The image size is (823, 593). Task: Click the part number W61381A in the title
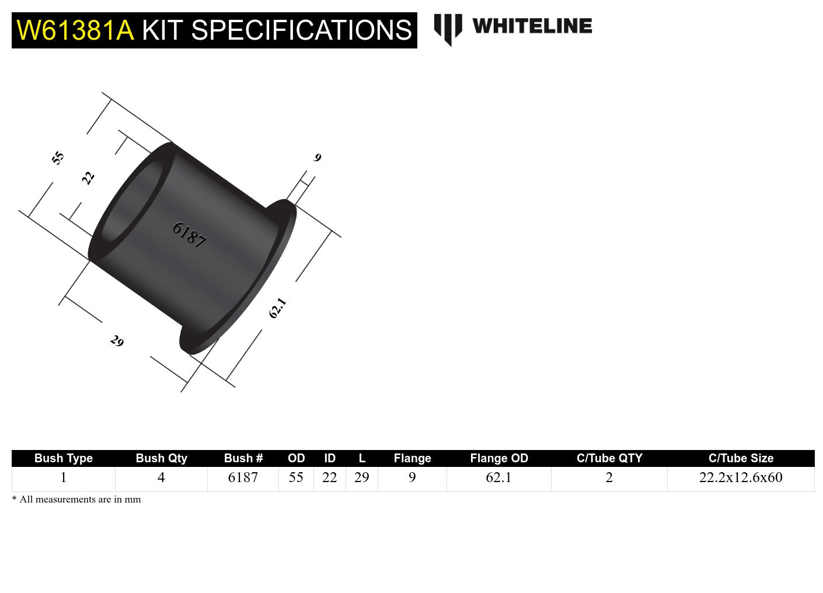click(x=75, y=30)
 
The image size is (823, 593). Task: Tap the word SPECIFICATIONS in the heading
click(x=301, y=30)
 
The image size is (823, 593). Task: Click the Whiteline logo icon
click(x=448, y=29)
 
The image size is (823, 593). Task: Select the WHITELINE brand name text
click(x=532, y=26)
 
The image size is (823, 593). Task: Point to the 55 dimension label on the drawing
click(x=58, y=158)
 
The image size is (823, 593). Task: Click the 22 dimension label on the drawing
click(x=88, y=178)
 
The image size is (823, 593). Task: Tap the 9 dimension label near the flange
click(x=318, y=158)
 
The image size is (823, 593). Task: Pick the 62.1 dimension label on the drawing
click(x=277, y=308)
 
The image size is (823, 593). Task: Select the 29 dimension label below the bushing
click(x=117, y=341)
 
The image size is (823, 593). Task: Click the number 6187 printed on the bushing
click(x=189, y=235)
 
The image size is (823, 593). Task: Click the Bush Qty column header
click(x=161, y=458)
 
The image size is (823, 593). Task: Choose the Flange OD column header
click(x=499, y=458)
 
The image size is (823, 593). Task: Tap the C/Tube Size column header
click(x=741, y=458)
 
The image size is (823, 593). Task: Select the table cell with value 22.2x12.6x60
click(x=741, y=477)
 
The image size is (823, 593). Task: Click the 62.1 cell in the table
click(x=499, y=477)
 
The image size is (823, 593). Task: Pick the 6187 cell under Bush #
click(x=243, y=477)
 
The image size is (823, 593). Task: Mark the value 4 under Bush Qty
click(x=161, y=477)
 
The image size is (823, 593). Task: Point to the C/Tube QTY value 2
click(x=609, y=477)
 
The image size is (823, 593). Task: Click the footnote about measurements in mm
click(x=76, y=500)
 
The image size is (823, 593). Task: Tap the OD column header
click(x=296, y=458)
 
